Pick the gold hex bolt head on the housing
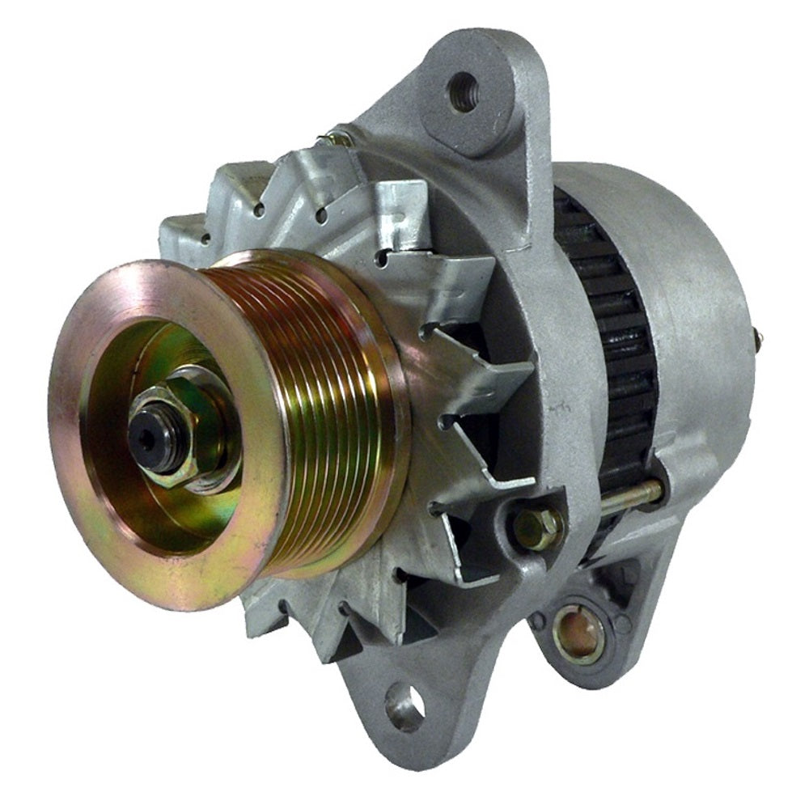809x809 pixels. point(537,528)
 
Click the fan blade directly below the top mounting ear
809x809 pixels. point(396,202)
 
